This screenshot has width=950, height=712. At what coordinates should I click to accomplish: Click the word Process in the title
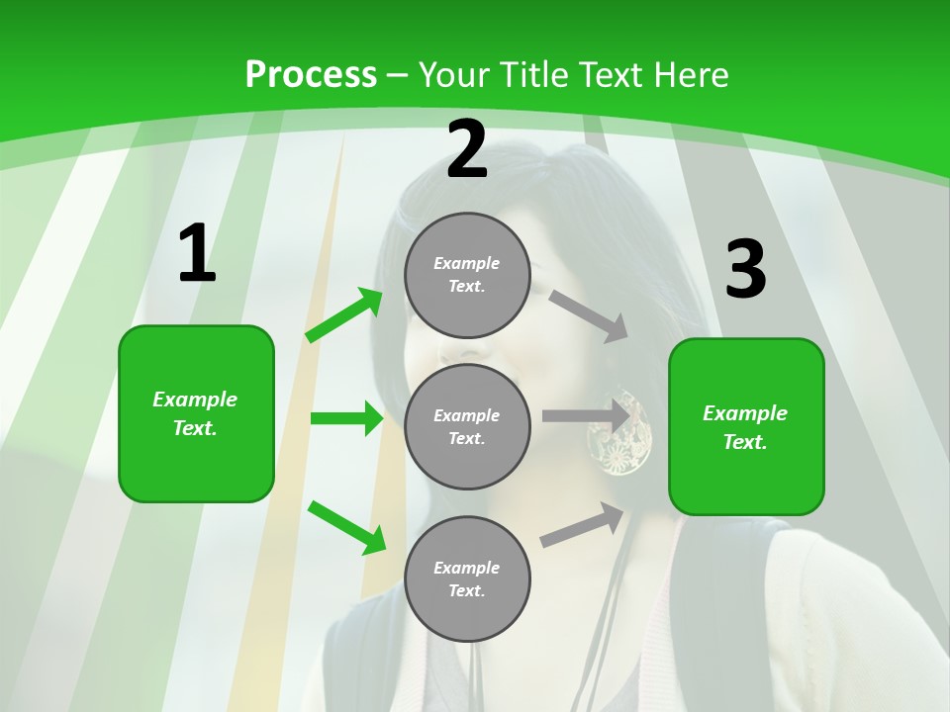coord(311,75)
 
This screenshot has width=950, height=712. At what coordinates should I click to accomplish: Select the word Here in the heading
coord(691,75)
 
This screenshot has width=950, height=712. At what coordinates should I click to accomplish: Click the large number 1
coord(196,254)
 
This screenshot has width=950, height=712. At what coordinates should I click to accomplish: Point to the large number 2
coord(467,149)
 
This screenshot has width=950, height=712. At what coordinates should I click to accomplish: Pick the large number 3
coord(745,270)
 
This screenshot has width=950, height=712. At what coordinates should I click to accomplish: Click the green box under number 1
coord(196,413)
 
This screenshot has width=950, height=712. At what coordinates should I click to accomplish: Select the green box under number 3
coord(746,427)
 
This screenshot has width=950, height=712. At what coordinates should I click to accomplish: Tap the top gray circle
coord(467,275)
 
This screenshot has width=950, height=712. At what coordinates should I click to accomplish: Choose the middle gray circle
coord(467,427)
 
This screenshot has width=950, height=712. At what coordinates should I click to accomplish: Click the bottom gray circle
coord(467,579)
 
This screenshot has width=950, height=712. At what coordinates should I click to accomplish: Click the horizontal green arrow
coord(346,418)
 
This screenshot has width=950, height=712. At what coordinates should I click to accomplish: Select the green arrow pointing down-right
coord(346,526)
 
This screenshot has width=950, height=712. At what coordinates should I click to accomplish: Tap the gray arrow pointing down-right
coord(589,315)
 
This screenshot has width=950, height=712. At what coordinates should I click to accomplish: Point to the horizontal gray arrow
coord(586,416)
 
